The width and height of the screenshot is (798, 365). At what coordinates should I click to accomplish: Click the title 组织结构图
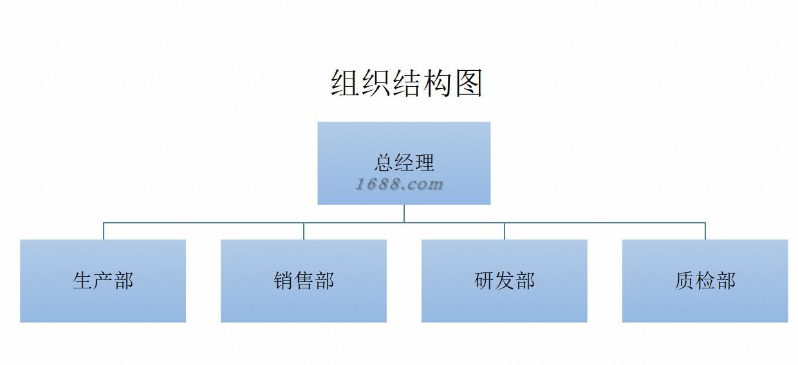pyautogui.click(x=407, y=84)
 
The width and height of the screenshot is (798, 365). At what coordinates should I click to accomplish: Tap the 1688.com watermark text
pyautogui.click(x=400, y=185)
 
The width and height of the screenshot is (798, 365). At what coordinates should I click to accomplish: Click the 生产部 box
pyautogui.click(x=103, y=303)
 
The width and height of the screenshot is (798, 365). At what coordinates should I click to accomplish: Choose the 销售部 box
pyautogui.click(x=304, y=303)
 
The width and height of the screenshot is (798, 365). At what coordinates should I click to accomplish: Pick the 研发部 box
pyautogui.click(x=505, y=303)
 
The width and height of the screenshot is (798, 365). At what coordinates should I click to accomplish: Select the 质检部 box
pyautogui.click(x=705, y=303)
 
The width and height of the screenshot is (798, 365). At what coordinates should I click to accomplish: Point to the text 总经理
pyautogui.click(x=404, y=162)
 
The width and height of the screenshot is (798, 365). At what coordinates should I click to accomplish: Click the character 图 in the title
pyautogui.click(x=469, y=84)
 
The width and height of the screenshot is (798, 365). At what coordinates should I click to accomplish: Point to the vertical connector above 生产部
pyautogui.click(x=104, y=231)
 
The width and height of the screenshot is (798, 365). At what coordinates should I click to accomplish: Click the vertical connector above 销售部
pyautogui.click(x=304, y=231)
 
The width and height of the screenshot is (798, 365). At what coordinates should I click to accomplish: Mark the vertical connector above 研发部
pyautogui.click(x=505, y=231)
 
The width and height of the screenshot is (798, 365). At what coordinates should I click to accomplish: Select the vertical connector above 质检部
pyautogui.click(x=705, y=231)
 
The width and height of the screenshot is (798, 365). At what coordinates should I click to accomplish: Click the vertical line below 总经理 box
pyautogui.click(x=404, y=213)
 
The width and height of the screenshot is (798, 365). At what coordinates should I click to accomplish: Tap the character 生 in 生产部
pyautogui.click(x=82, y=281)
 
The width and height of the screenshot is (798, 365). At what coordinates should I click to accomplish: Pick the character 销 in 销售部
pyautogui.click(x=283, y=281)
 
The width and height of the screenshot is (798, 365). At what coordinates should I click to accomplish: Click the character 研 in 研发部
pyautogui.click(x=484, y=281)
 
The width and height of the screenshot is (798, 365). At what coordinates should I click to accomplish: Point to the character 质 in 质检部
pyautogui.click(x=685, y=281)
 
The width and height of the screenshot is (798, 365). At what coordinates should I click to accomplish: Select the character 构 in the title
pyautogui.click(x=438, y=84)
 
